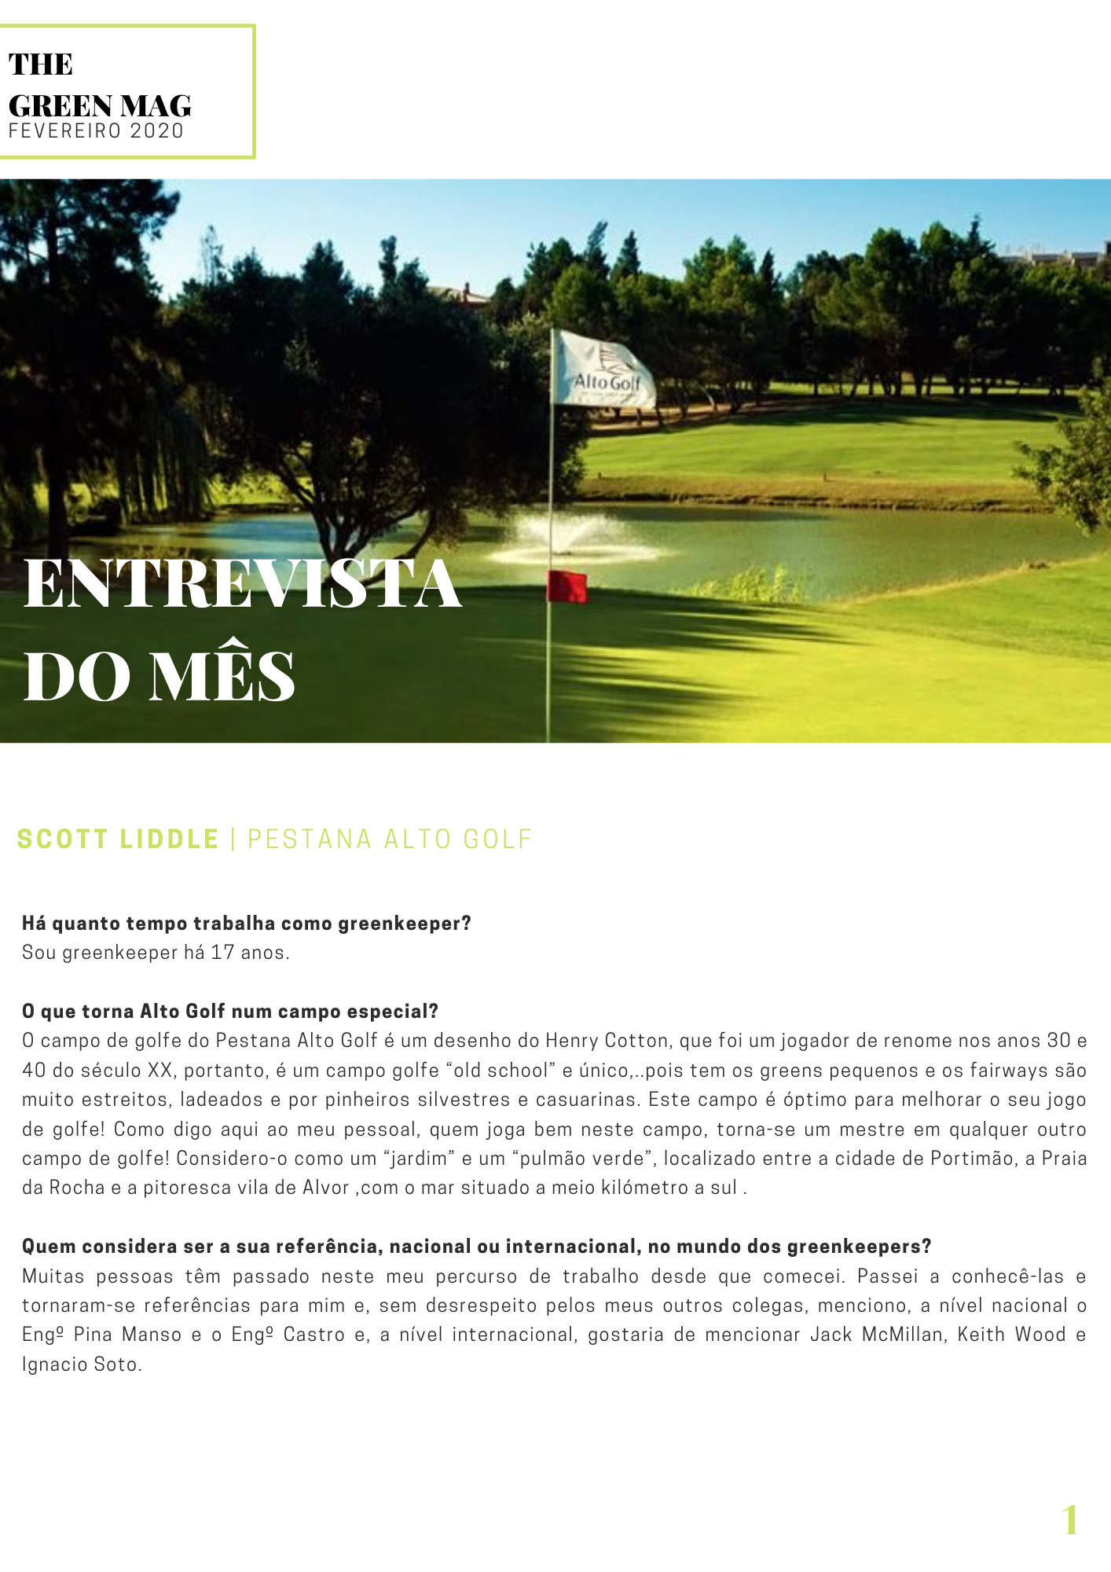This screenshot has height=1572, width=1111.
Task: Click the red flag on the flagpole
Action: pyautogui.click(x=567, y=586)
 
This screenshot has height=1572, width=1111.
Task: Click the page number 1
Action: pyautogui.click(x=1070, y=1520)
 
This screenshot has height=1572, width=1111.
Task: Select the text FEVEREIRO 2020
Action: pyautogui.click(x=96, y=131)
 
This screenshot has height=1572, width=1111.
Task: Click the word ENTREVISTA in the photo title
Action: pyautogui.click(x=242, y=583)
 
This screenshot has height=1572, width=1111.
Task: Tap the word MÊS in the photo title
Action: pyautogui.click(x=222, y=676)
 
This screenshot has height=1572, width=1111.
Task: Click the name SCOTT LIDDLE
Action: pyautogui.click(x=118, y=839)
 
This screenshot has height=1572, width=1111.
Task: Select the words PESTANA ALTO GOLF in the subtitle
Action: pyautogui.click(x=390, y=839)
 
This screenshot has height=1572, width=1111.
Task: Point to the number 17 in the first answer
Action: pyautogui.click(x=222, y=953)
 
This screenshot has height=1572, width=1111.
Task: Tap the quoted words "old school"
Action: pyautogui.click(x=498, y=1071)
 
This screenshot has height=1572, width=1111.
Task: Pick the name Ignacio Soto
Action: pyautogui.click(x=82, y=1364)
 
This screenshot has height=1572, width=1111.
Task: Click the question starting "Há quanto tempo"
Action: pyautogui.click(x=246, y=924)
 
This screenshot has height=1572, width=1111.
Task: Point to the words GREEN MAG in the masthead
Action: pyautogui.click(x=100, y=105)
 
